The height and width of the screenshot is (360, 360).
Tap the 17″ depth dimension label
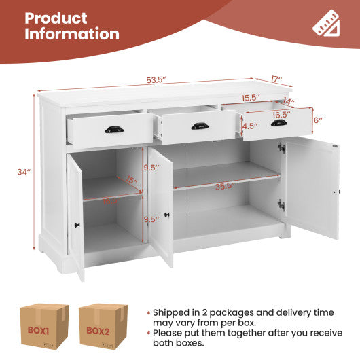click(275, 79)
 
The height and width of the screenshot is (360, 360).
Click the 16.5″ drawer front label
click(282, 115)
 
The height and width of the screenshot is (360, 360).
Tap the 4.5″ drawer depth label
click(249, 126)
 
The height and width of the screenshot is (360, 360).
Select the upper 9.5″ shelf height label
click(151, 167)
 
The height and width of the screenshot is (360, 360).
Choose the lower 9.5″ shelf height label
click(151, 219)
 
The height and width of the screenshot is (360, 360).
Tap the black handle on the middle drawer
click(199, 126)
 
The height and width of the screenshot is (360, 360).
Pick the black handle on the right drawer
click(278, 123)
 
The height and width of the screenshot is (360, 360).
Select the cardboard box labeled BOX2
click(103, 328)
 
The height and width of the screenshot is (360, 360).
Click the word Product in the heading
click(56, 18)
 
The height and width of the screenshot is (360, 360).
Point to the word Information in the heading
click(72, 35)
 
